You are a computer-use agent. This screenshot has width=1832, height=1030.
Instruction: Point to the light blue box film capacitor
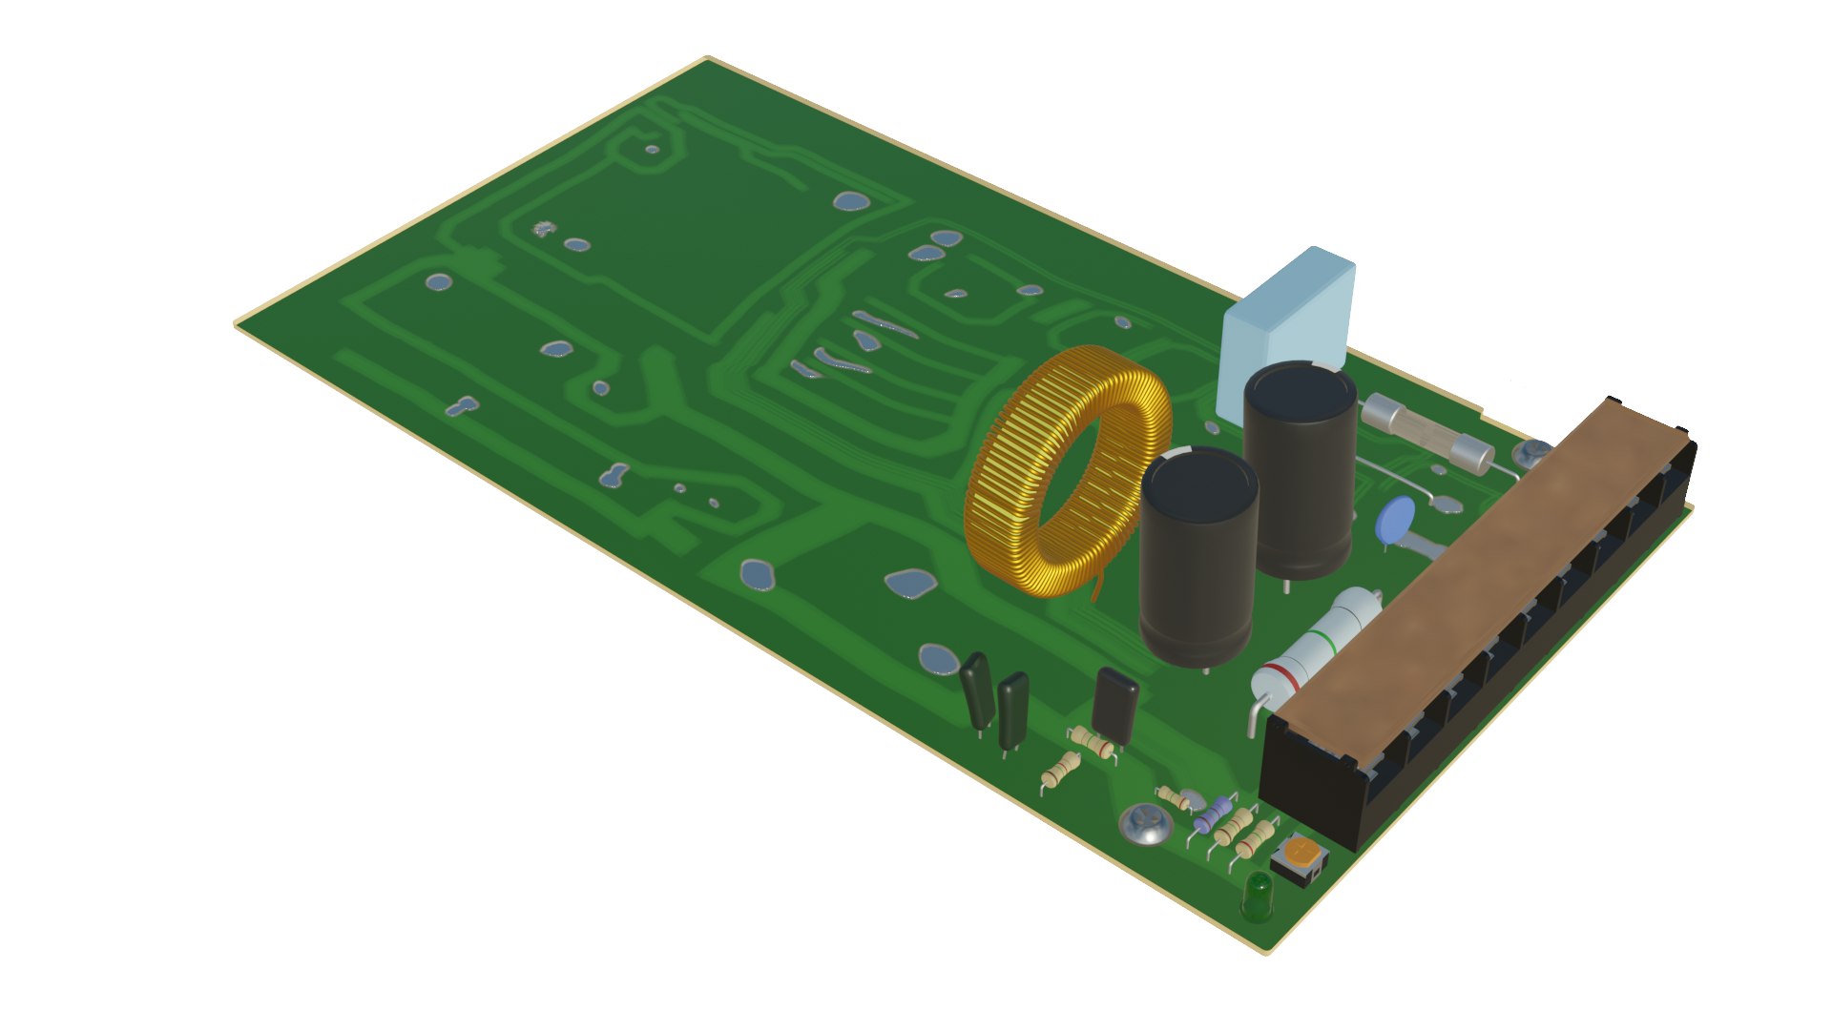point(1288,315)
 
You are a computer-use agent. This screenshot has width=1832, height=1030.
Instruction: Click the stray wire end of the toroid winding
point(1098,587)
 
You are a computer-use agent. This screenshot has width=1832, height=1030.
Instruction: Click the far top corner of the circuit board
point(707,58)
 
